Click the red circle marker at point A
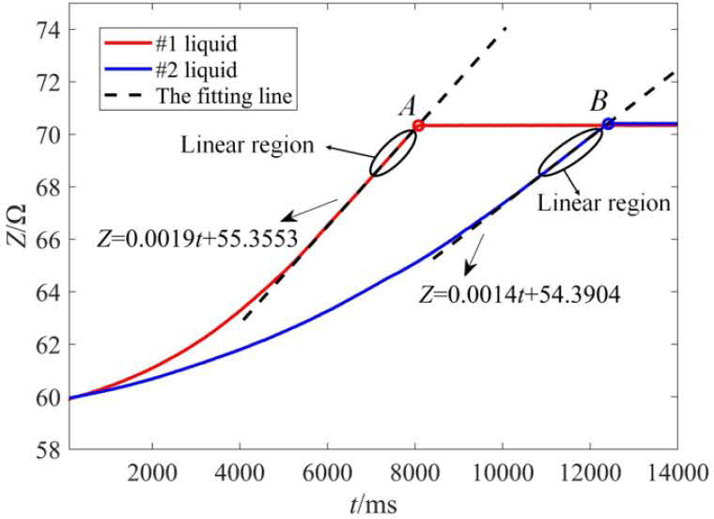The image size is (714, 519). (418, 125)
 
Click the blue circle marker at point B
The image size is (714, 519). (609, 124)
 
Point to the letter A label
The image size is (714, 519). (408, 106)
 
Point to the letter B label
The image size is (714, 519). (598, 102)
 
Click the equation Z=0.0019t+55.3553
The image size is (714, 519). (197, 240)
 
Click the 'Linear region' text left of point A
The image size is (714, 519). (242, 147)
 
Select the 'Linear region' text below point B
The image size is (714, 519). (603, 202)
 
